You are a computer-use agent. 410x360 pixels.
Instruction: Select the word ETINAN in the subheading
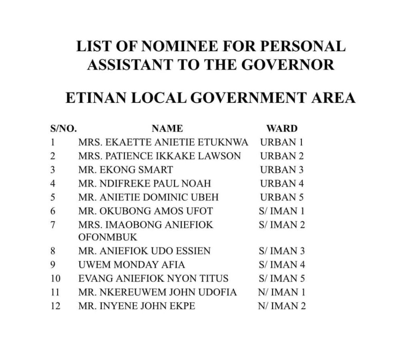tap(97, 97)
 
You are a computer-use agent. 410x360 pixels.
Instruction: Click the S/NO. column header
tap(64, 128)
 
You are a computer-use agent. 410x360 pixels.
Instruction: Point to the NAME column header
tap(167, 128)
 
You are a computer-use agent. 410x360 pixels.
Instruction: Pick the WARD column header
tap(282, 128)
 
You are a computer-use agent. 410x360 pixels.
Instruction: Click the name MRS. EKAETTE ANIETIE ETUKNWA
tap(163, 142)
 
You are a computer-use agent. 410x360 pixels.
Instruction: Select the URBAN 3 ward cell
tap(282, 170)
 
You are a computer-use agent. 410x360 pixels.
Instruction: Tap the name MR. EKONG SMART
tap(126, 170)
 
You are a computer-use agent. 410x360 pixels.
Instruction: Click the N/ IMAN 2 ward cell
tap(282, 306)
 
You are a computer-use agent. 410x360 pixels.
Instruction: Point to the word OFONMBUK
tap(108, 237)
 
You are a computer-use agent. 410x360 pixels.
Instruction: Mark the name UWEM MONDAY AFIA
tap(132, 265)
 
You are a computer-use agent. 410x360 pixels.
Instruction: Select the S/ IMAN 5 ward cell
tap(282, 278)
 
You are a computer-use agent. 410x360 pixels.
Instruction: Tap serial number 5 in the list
tap(52, 197)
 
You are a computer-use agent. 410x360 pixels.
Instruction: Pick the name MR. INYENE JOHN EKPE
tap(137, 306)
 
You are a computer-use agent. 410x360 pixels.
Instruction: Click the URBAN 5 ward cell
tap(282, 197)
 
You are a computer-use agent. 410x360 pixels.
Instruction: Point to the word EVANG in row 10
tap(92, 278)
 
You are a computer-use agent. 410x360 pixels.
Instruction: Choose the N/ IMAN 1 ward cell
tap(282, 292)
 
